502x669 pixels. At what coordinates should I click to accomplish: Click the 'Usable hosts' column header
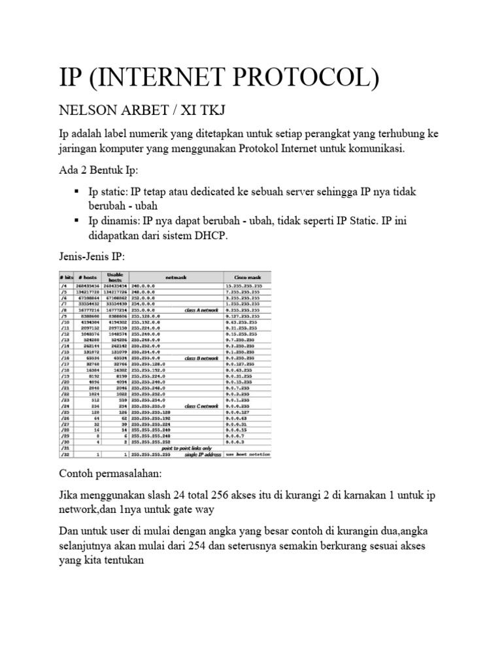(x=115, y=277)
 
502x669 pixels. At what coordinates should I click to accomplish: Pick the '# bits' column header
(x=65, y=277)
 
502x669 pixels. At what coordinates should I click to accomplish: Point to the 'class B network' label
(x=201, y=359)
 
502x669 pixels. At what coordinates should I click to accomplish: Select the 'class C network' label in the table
(x=201, y=406)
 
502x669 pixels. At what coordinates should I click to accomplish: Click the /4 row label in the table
(x=64, y=286)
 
